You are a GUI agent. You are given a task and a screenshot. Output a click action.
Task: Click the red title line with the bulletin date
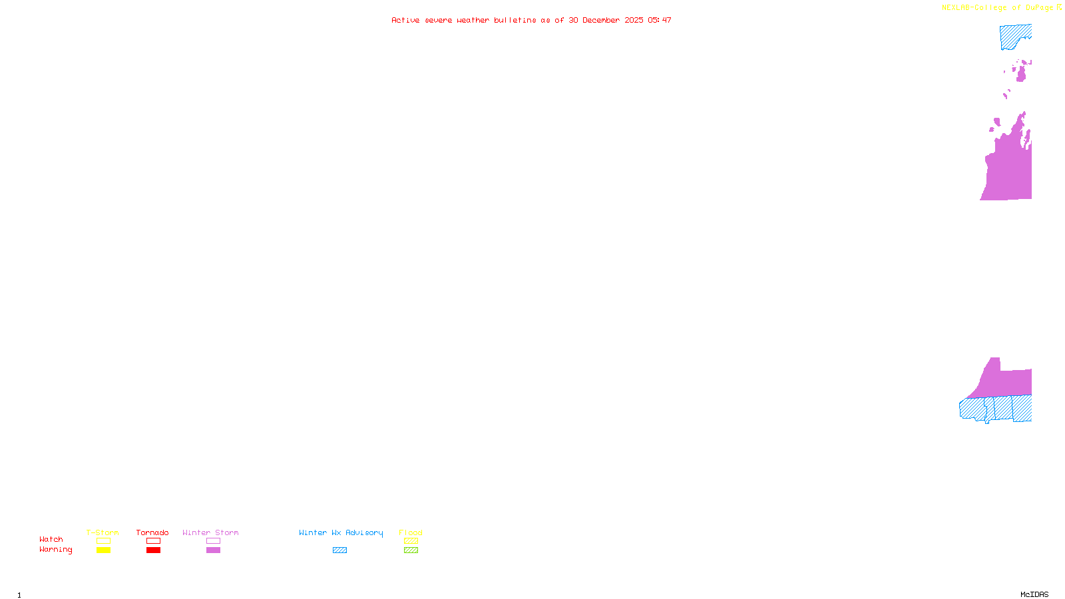click(531, 21)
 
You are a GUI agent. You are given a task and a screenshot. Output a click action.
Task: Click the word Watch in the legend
click(51, 540)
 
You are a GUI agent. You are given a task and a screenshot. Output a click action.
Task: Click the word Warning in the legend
click(55, 550)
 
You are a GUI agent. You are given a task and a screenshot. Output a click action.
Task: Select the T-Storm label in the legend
click(103, 532)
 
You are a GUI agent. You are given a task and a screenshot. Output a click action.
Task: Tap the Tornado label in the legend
click(152, 532)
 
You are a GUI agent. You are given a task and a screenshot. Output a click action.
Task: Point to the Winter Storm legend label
click(210, 532)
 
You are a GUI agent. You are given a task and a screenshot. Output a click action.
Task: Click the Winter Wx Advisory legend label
click(341, 532)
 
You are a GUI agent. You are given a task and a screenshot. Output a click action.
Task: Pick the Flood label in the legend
click(411, 532)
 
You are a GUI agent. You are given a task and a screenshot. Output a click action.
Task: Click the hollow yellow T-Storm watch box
click(103, 541)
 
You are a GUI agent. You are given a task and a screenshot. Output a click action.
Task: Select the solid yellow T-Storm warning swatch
click(103, 550)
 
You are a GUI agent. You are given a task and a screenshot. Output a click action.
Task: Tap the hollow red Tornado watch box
click(153, 541)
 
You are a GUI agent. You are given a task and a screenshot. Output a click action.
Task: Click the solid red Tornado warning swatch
click(153, 550)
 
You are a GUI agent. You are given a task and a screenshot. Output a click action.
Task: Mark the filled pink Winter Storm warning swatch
click(213, 550)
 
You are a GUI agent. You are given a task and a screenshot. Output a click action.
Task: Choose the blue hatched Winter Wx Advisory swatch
click(339, 550)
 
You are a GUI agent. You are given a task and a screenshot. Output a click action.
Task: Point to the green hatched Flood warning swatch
click(411, 550)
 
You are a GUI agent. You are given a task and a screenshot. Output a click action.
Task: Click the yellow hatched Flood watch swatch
click(411, 541)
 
